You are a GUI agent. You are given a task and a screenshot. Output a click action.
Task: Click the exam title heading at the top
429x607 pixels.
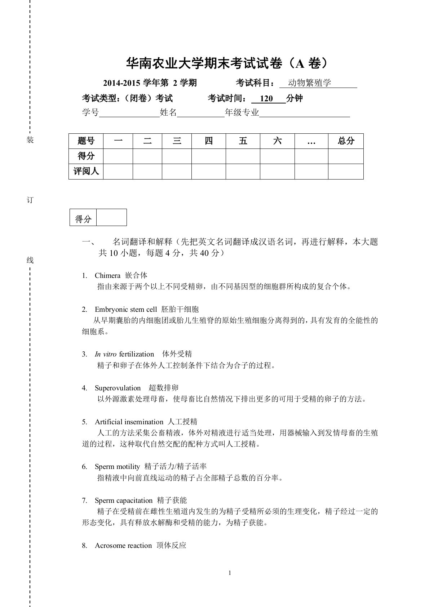tap(227, 63)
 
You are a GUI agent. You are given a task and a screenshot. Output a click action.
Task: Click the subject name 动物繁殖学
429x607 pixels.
tap(309, 83)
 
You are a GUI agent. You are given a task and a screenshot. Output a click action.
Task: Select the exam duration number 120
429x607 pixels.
tap(266, 98)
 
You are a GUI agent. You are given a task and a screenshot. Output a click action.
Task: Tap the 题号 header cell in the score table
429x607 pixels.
tap(86, 141)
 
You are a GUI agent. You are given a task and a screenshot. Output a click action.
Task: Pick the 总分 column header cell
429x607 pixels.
tap(346, 141)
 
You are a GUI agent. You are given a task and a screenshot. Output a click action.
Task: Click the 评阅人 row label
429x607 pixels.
tap(86, 171)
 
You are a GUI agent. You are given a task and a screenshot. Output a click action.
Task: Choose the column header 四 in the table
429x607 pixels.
tap(208, 141)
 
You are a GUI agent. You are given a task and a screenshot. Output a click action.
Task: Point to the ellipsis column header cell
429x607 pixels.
tap(311, 141)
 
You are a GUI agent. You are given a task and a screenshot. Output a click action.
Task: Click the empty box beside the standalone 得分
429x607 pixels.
tap(111, 217)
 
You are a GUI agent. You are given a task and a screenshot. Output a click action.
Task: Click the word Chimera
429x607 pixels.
tap(107, 276)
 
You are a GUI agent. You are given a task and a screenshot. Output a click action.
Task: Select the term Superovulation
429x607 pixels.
tap(118, 388)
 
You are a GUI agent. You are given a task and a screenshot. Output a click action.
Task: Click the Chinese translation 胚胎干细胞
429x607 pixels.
tap(180, 309)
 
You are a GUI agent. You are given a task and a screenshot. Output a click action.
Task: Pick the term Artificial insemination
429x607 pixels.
tap(129, 422)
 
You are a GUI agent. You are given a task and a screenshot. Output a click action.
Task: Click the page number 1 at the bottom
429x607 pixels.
tap(230, 573)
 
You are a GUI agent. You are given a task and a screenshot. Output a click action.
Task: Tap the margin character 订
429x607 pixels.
tap(30, 200)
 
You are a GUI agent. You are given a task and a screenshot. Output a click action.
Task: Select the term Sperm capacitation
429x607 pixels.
tap(123, 501)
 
